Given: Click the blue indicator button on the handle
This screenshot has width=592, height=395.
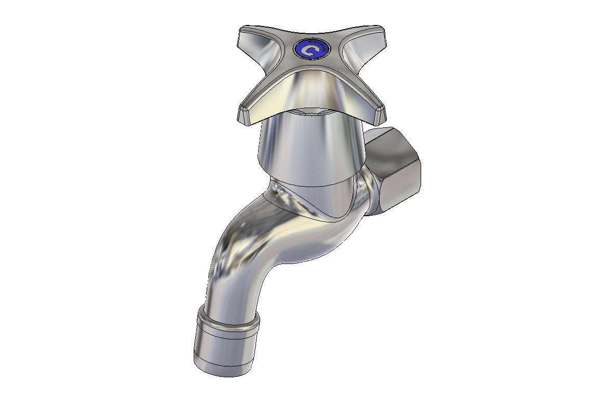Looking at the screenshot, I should (x=311, y=50).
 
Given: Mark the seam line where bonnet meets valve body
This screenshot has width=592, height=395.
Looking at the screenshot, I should (x=312, y=185).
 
